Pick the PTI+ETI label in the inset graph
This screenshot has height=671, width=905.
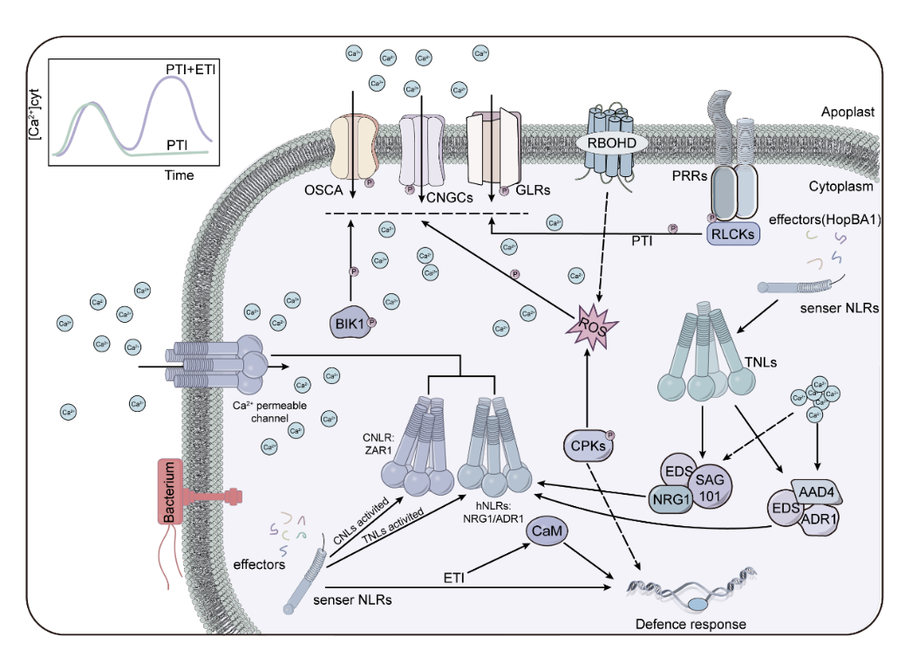(191, 68)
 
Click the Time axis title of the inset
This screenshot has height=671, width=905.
(180, 175)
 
